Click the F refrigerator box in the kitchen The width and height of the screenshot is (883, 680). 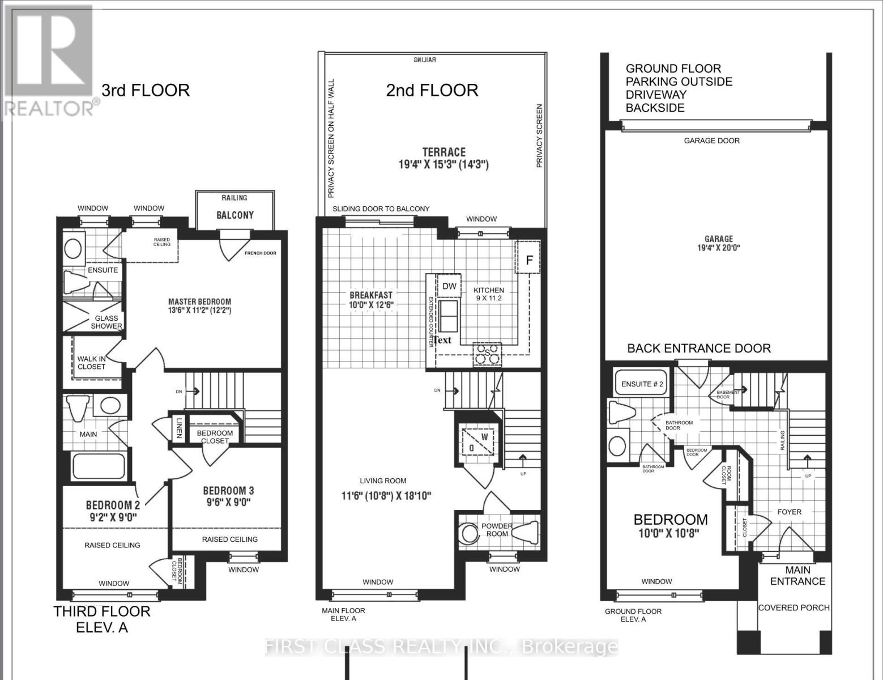click(529, 260)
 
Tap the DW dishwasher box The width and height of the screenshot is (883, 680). click(449, 286)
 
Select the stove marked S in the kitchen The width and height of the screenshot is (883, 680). click(487, 354)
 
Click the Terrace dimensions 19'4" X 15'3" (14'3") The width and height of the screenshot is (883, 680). click(443, 165)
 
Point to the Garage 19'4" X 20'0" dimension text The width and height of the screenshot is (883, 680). click(719, 248)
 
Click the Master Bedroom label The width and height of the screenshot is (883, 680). click(199, 306)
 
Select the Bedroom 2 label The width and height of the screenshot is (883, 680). click(113, 511)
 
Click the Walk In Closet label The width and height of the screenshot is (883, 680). click(92, 363)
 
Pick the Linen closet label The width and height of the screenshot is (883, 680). click(178, 428)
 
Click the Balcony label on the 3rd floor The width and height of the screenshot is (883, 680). click(235, 215)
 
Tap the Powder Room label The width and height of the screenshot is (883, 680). click(497, 530)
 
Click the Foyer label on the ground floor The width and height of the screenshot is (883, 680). click(789, 512)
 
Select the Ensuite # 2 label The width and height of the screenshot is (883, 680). click(642, 384)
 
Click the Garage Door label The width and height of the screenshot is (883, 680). click(711, 141)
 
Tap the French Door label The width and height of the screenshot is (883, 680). click(261, 253)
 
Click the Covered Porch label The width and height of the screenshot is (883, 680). click(794, 607)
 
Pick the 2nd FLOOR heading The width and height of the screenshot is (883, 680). click(432, 90)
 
